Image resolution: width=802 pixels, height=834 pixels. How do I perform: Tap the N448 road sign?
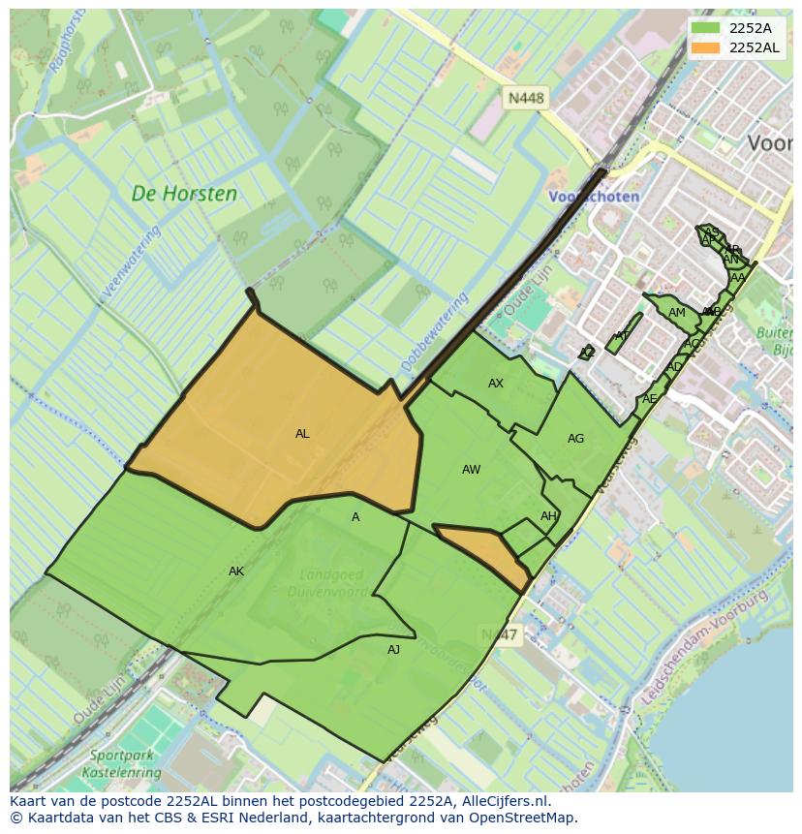pyautogui.click(x=526, y=98)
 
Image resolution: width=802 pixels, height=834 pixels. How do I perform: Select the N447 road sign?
pyautogui.click(x=499, y=634)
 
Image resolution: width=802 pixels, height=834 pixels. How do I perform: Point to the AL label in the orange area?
pyautogui.click(x=302, y=434)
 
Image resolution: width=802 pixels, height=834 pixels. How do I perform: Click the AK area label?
pyautogui.click(x=236, y=571)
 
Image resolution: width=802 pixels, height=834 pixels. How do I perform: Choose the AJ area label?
pyautogui.click(x=393, y=650)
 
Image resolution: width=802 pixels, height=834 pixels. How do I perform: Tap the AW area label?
pyautogui.click(x=471, y=470)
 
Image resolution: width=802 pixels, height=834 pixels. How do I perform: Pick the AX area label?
pyautogui.click(x=496, y=384)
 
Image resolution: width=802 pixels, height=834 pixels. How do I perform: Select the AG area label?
pyautogui.click(x=575, y=439)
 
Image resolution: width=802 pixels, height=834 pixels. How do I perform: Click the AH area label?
pyautogui.click(x=548, y=516)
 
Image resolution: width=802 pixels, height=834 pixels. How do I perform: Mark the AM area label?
pyautogui.click(x=676, y=313)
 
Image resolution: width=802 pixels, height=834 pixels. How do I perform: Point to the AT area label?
pyautogui.click(x=622, y=336)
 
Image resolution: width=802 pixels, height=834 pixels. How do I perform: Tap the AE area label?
pyautogui.click(x=649, y=399)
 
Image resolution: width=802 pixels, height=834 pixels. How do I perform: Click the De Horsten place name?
pyautogui.click(x=184, y=194)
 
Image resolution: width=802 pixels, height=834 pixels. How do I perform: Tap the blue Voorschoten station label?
pyautogui.click(x=593, y=197)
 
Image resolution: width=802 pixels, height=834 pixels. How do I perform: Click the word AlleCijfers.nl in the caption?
pyautogui.click(x=503, y=801)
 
